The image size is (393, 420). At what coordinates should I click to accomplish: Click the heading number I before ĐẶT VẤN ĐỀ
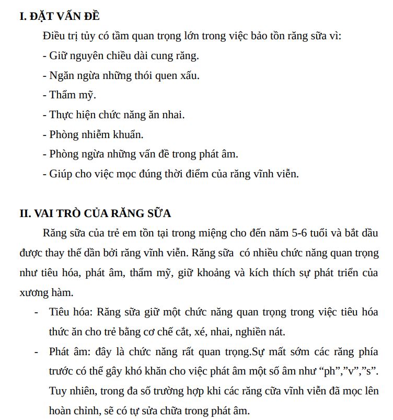point(22,17)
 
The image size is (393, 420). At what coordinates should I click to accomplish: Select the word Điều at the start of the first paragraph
point(54,36)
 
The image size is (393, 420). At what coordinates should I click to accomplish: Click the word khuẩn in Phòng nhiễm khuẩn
point(128,134)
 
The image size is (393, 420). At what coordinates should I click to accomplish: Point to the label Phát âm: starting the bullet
point(70,351)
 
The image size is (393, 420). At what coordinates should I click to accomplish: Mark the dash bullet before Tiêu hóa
point(36,312)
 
